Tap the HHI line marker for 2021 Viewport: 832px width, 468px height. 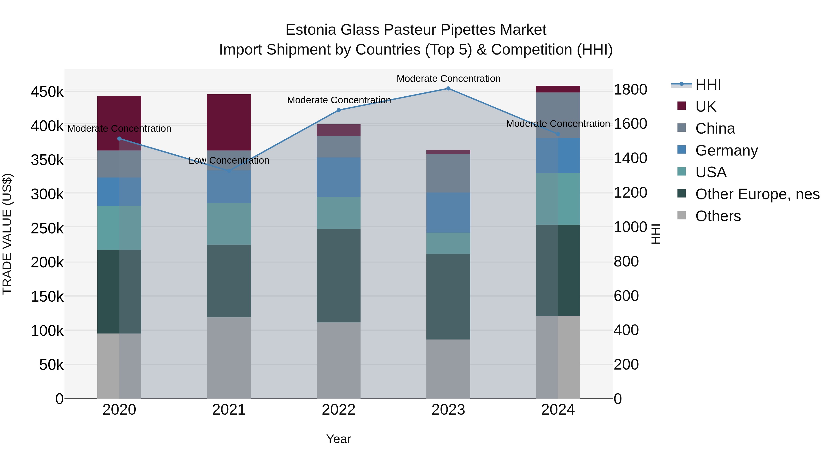229,171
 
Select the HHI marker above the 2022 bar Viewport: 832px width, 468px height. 339,110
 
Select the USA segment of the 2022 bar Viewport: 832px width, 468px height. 339,213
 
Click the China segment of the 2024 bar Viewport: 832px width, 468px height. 558,115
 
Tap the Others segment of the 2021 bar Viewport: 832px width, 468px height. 229,358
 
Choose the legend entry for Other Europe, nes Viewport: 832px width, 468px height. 757,194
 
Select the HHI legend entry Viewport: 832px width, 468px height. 708,85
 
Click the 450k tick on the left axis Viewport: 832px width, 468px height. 47,92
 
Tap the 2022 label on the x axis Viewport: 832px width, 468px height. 339,410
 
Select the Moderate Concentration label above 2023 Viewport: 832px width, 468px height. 448,79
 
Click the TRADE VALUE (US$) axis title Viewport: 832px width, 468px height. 7,234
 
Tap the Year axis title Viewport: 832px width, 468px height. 339,439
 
